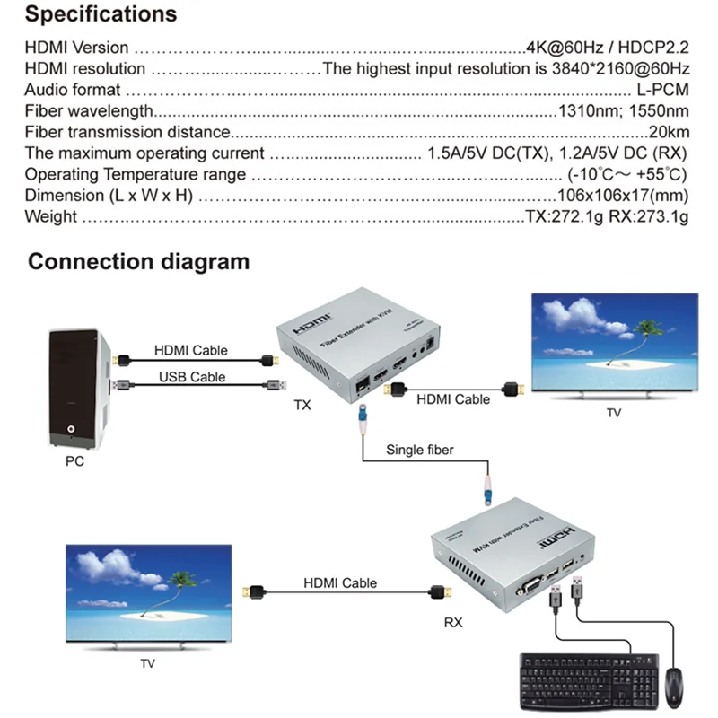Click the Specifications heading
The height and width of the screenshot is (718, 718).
click(101, 15)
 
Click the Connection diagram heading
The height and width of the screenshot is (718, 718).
click(138, 262)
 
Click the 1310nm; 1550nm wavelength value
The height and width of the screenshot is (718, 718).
click(623, 111)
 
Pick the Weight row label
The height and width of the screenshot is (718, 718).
click(50, 216)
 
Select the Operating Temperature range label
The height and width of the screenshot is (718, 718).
click(135, 174)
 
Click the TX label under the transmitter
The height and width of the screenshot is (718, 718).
click(302, 405)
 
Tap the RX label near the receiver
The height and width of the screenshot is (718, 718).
click(453, 622)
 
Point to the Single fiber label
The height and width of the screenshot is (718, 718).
click(419, 449)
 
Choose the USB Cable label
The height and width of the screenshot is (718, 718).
click(191, 377)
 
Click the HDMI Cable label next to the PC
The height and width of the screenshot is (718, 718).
click(191, 350)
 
